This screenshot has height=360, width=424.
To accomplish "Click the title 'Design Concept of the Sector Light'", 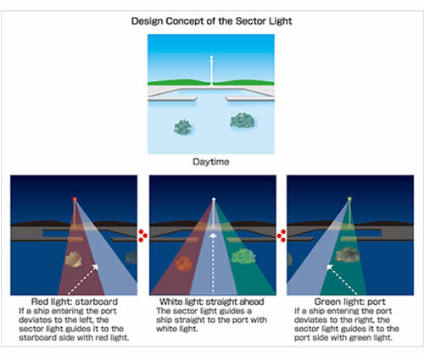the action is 211,21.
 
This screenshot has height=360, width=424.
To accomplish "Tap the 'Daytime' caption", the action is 211,162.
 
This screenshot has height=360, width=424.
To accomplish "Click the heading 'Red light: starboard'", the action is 75,302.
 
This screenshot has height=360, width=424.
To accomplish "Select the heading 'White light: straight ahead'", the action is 212,302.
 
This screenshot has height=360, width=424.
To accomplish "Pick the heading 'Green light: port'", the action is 350,302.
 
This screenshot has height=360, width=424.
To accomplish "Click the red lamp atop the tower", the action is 75,199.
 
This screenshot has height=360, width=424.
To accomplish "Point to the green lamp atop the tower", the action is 349,199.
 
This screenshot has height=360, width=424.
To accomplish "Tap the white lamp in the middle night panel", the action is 214,199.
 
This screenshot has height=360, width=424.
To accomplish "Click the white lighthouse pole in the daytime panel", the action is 211,70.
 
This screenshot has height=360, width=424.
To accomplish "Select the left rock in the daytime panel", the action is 182,127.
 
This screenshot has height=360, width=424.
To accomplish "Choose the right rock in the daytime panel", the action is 243,120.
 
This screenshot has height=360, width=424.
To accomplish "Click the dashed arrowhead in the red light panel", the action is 95,267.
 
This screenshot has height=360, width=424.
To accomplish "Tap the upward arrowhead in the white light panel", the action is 213,235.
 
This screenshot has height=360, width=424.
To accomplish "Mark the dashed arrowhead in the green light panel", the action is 330,267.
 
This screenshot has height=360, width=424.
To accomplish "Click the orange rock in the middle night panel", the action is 184,263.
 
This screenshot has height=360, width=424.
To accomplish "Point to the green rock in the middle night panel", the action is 243,257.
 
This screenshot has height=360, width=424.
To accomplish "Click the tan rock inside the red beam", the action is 73,259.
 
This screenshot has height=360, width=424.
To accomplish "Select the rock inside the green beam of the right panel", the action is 348,255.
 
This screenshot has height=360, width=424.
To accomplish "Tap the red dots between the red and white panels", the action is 142,235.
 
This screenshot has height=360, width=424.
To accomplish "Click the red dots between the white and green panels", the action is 282,235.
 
